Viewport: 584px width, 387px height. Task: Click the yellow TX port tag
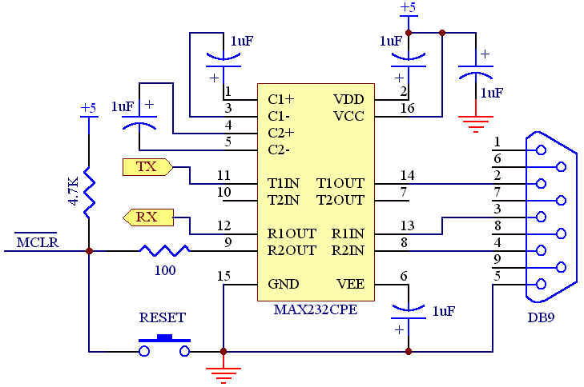pos(147,167)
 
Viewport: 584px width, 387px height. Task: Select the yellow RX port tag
pos(148,217)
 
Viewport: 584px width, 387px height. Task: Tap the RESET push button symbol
pos(164,345)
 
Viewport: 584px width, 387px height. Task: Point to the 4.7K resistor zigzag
pos(89,193)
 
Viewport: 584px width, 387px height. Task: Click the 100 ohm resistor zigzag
pos(164,250)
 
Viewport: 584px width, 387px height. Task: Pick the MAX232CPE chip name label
pos(316,309)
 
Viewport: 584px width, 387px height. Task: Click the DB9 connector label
pos(541,317)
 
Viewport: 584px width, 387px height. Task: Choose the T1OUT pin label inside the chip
pos(340,183)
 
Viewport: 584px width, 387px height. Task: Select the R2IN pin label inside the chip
pos(348,250)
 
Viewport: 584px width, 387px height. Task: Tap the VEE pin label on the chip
pos(350,284)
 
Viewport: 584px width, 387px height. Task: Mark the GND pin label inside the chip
pos(283,284)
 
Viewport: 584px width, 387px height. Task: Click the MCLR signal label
pos(37,241)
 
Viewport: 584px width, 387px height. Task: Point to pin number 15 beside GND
pos(224,276)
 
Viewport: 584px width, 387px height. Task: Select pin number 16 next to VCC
pos(407,108)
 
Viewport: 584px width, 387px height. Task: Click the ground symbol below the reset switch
pos(223,375)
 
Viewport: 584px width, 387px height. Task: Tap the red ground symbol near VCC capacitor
pos(476,124)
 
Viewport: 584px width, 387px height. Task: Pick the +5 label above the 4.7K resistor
pos(89,108)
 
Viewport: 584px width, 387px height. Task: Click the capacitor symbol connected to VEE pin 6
pos(409,313)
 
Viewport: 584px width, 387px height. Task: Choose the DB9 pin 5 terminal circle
pos(541,284)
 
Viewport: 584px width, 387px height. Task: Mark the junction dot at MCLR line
pos(89,251)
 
